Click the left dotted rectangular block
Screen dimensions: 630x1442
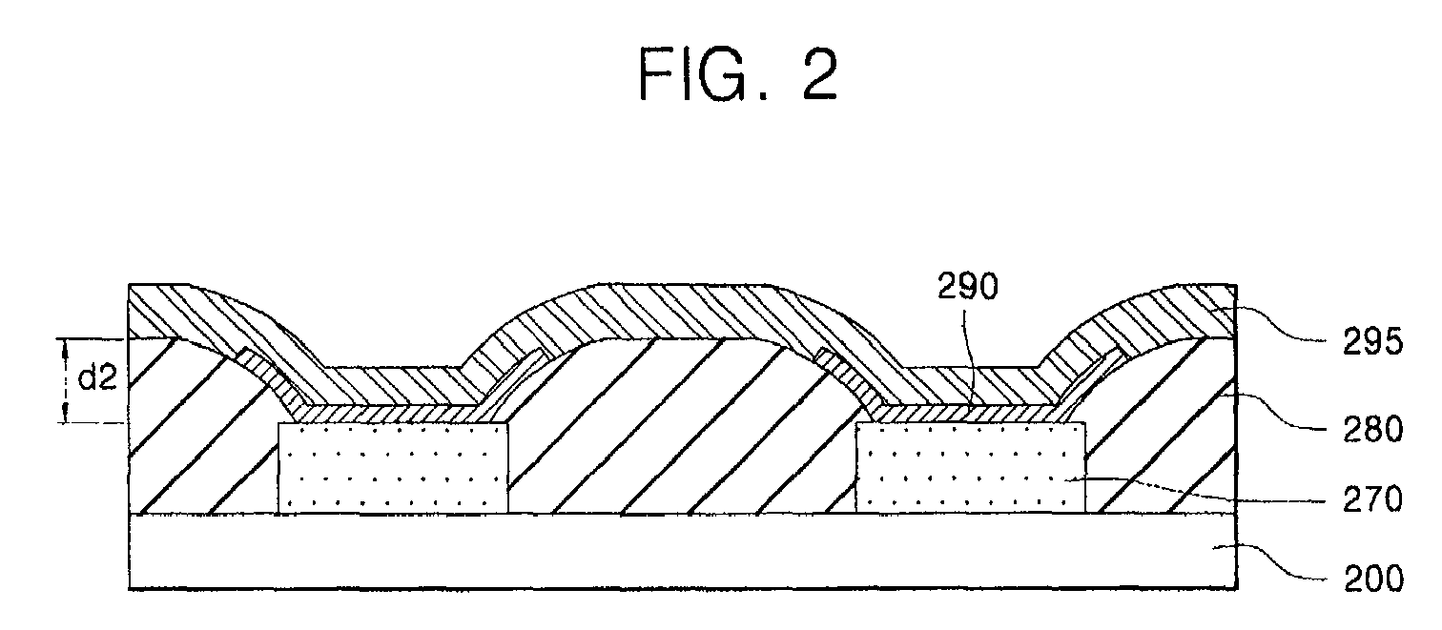pos(393,469)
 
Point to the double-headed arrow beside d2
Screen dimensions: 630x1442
pos(66,380)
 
